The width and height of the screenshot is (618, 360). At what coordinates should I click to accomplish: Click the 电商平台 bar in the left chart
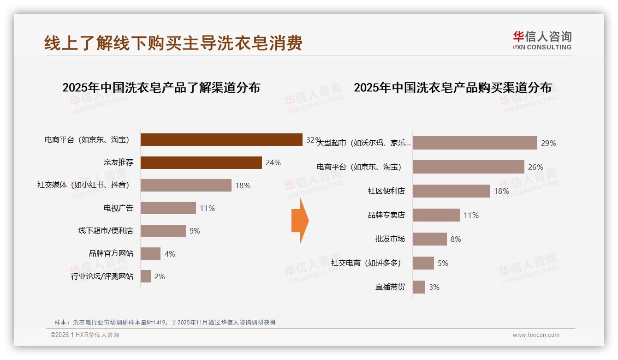(x=221, y=140)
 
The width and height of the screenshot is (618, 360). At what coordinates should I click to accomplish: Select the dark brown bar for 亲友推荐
(x=201, y=162)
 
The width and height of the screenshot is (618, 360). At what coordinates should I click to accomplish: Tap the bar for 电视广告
(x=168, y=208)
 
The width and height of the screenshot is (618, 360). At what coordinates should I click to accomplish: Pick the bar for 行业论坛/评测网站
(x=146, y=276)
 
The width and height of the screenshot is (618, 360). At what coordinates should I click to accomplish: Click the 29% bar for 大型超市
(x=475, y=143)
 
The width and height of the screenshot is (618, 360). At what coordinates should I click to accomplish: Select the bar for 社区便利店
(x=452, y=191)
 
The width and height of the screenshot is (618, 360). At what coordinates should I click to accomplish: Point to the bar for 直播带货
(x=419, y=287)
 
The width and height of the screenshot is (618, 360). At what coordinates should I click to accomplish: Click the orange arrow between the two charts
(x=300, y=221)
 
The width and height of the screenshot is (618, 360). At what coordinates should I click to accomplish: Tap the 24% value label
(x=273, y=162)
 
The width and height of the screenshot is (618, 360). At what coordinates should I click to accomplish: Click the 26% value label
(x=535, y=167)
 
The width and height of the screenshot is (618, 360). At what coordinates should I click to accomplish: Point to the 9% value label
(x=195, y=231)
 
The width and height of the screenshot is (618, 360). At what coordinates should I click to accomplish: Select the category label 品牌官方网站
(x=111, y=253)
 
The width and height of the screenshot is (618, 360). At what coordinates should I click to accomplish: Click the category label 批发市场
(x=390, y=239)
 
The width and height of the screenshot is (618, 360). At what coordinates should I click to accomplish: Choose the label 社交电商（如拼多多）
(x=366, y=263)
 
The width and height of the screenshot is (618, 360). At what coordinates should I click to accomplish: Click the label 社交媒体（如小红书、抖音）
(x=83, y=185)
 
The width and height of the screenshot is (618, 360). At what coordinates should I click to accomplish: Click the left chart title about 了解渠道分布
(x=161, y=88)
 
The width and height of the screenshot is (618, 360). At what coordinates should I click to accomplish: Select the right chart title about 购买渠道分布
(x=452, y=88)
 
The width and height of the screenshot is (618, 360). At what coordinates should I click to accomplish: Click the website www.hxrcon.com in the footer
(x=536, y=335)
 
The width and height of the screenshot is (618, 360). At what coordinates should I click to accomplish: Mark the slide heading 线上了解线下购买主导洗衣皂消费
(x=173, y=43)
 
